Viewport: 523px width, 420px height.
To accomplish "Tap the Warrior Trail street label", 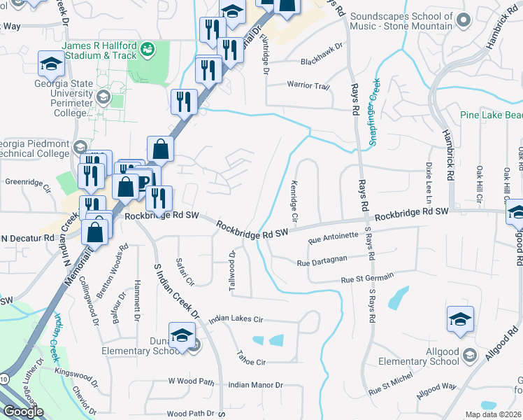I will pos(308,86).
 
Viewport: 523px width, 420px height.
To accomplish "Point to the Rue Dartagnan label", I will pos(322,263).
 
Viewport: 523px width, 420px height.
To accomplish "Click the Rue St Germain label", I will pos(367,279).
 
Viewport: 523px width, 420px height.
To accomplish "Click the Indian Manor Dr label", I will pos(255,385).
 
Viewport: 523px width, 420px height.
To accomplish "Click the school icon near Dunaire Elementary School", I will pos(182,335).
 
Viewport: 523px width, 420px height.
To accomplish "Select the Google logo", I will pos(24,412).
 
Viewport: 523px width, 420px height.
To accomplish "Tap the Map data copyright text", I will pos(493,414).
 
